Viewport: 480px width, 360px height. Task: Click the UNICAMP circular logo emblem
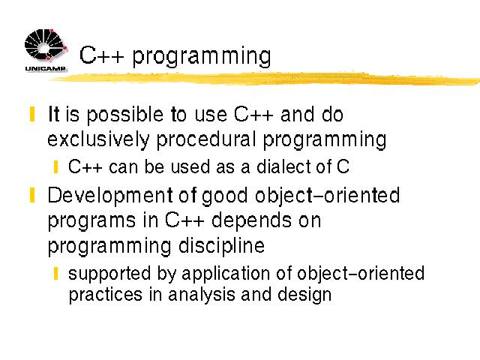[x=46, y=45]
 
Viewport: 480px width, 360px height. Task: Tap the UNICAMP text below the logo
[x=45, y=68]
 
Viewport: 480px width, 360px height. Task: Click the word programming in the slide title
[x=202, y=57]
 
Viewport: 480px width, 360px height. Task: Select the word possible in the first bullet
[x=125, y=115]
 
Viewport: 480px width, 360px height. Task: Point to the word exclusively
[x=98, y=140]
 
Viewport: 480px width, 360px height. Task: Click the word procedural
[x=206, y=140]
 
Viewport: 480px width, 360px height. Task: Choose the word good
[x=224, y=196]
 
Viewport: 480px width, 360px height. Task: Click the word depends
[x=251, y=220]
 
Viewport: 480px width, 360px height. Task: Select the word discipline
[x=222, y=247]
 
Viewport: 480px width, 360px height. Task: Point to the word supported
[x=109, y=274]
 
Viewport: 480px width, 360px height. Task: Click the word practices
[x=106, y=295]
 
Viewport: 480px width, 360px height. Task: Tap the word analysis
[x=202, y=295]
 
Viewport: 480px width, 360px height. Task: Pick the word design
[x=304, y=295]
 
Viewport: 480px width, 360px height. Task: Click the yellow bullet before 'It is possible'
[x=32, y=114]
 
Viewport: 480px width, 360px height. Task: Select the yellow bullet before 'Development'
[x=32, y=195]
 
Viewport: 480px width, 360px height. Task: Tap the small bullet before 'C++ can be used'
[x=55, y=167]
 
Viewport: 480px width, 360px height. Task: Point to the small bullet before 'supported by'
[x=55, y=273]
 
